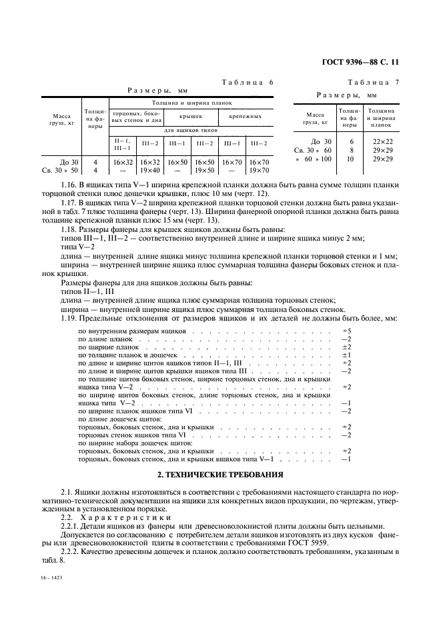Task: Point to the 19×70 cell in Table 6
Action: pyautogui.click(x=259, y=171)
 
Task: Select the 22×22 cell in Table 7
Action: pyautogui.click(x=382, y=141)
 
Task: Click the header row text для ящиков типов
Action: pyautogui.click(x=191, y=130)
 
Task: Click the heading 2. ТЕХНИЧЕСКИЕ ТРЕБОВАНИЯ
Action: pyautogui.click(x=219, y=474)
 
